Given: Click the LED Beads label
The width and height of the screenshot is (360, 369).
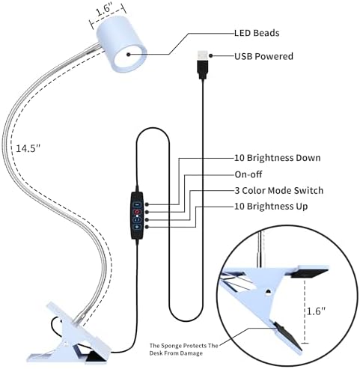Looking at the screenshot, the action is (257, 33).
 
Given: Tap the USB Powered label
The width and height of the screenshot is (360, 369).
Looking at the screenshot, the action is (263, 56).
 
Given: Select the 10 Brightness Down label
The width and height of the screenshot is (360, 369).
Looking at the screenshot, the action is (278, 158).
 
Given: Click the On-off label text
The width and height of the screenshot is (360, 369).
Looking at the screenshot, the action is (248, 174).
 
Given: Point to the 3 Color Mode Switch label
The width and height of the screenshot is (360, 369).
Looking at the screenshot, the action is (279, 190).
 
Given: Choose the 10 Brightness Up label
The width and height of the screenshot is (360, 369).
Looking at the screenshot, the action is (271, 207).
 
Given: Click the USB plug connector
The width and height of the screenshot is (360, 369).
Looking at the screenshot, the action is (203, 64).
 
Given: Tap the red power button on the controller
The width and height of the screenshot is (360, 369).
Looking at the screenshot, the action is (137, 212).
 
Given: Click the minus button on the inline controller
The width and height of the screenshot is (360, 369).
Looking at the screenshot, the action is (137, 204).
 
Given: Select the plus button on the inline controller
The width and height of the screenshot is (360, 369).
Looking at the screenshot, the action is (137, 227).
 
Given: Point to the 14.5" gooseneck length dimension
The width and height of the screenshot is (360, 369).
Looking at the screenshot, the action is (28, 148).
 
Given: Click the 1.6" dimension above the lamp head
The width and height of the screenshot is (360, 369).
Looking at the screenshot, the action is (104, 10).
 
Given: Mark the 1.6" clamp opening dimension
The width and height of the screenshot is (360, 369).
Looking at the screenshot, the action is (316, 311).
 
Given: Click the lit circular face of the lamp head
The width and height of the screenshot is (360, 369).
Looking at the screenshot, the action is (129, 57).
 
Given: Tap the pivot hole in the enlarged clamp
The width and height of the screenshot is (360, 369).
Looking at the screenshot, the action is (269, 291).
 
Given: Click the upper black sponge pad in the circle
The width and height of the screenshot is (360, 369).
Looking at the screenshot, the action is (309, 274).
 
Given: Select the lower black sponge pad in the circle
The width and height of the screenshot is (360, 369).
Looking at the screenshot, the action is (288, 336).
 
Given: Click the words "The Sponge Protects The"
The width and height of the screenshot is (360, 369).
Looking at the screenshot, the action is (184, 346).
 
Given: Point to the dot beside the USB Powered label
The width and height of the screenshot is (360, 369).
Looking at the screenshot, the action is (211, 55).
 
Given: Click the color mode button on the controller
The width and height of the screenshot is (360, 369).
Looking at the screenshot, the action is (137, 219).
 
